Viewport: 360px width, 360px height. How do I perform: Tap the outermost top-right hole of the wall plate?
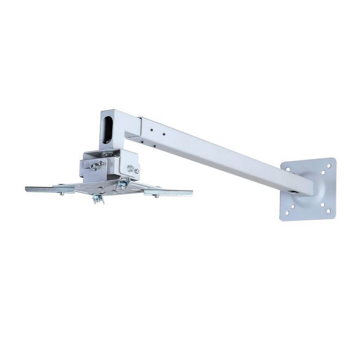pyautogui.click(x=329, y=166)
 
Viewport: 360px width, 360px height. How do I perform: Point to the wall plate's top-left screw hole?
pyautogui.click(x=288, y=169)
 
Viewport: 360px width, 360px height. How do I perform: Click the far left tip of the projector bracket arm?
pyautogui.click(x=27, y=189)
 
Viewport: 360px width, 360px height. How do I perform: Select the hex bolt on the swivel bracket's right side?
pyautogui.click(x=133, y=170)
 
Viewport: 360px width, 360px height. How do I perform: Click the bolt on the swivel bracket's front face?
pyautogui.click(x=93, y=166)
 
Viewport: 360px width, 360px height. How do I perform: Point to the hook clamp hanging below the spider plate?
pyautogui.click(x=98, y=198)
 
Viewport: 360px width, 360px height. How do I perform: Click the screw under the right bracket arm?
pyautogui.click(x=156, y=196)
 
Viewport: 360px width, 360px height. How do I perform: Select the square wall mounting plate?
pyautogui.click(x=309, y=189)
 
